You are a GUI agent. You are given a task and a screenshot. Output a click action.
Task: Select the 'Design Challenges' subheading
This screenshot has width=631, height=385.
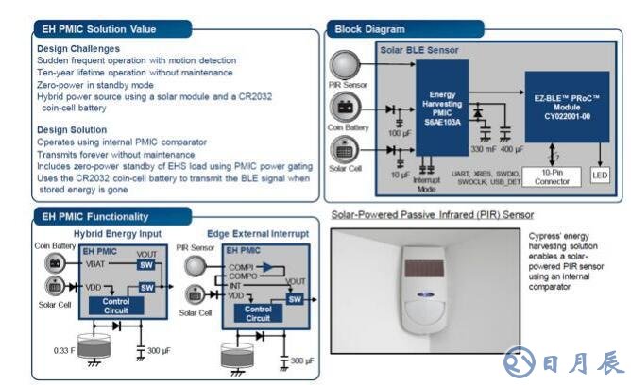click(78, 48)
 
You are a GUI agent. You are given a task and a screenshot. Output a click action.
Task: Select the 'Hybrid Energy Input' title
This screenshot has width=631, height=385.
click(117, 233)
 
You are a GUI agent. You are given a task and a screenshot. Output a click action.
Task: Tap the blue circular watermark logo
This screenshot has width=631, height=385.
click(516, 361)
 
